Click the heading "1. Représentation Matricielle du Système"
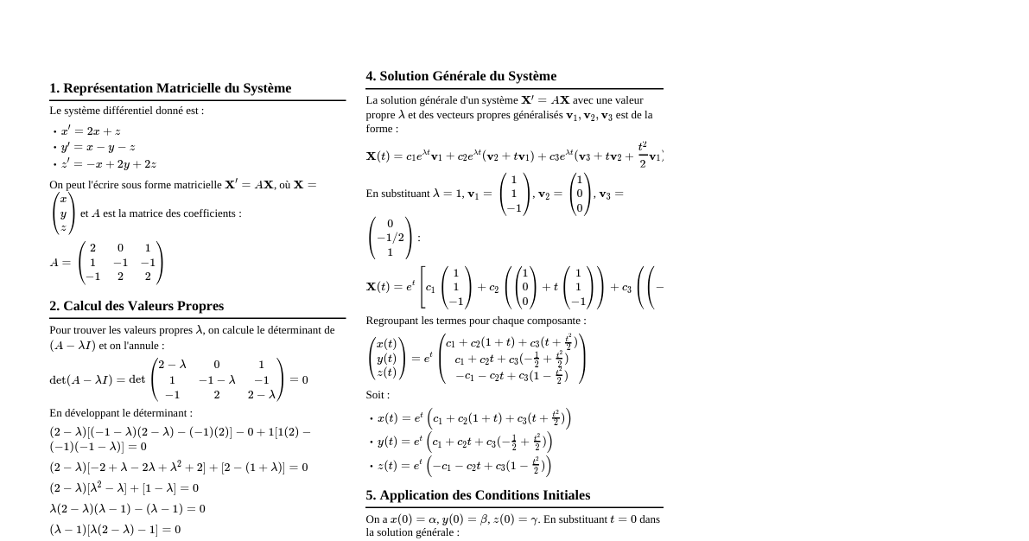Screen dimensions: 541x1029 tap(170, 88)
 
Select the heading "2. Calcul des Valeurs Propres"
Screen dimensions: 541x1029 tap(137, 306)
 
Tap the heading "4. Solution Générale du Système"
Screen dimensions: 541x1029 tap(461, 76)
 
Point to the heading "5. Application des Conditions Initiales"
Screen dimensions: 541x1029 tap(478, 495)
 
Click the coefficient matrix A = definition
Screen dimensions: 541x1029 tap(106, 263)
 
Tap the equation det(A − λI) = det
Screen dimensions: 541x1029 tap(179, 380)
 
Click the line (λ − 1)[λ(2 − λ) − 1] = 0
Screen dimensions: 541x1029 tap(115, 529)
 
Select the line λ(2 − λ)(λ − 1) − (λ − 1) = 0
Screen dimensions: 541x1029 tap(127, 508)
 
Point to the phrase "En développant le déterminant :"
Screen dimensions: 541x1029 tap(121, 413)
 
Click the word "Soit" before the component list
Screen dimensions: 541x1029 tap(378, 395)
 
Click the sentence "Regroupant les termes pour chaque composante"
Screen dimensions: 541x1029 tap(475, 321)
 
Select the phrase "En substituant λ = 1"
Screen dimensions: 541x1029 tap(410, 194)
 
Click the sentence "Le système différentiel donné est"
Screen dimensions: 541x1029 tap(126, 111)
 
